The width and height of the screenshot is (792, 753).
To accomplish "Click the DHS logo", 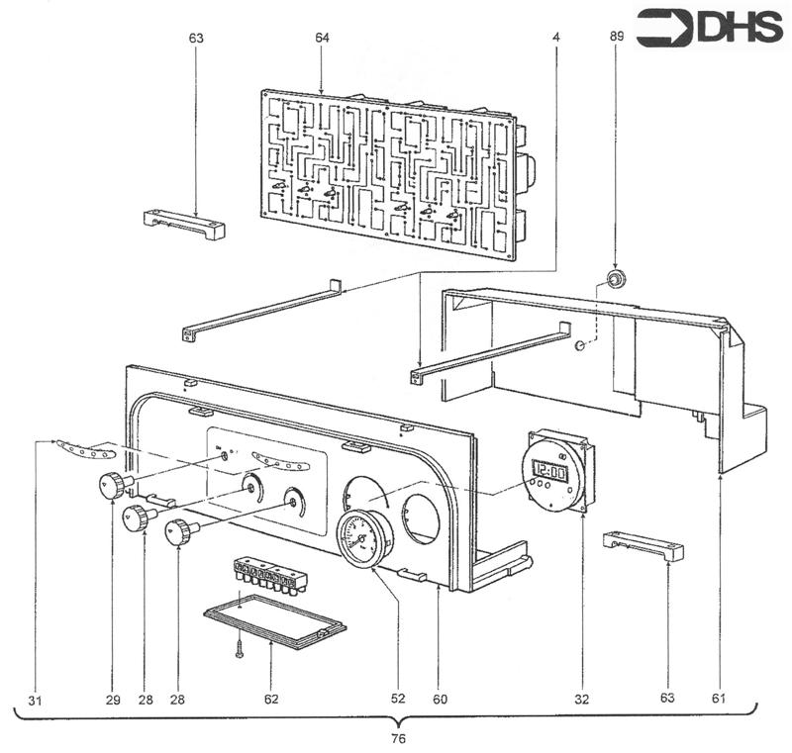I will [x=709, y=30].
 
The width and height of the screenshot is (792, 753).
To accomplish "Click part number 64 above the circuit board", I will [x=322, y=38].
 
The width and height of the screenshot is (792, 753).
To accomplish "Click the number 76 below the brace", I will [x=396, y=738].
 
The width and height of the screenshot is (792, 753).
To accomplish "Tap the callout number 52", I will [x=400, y=699].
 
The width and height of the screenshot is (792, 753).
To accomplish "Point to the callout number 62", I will [x=270, y=699].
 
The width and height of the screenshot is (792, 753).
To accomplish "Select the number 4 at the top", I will [x=557, y=38].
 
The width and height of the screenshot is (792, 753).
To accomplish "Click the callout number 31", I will [x=36, y=699].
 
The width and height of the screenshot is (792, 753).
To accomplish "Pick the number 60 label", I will [x=440, y=699].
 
